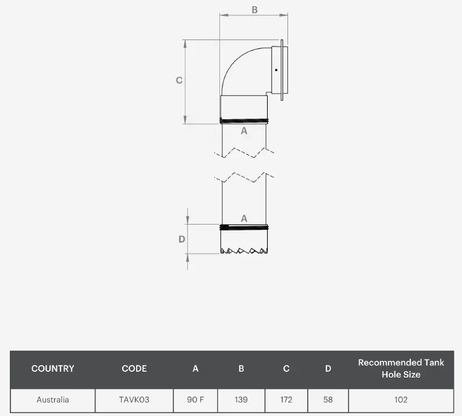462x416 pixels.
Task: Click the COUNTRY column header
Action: pyautogui.click(x=53, y=368)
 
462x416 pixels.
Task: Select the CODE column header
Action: pyautogui.click(x=134, y=368)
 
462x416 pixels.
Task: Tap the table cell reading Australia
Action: pyautogui.click(x=53, y=400)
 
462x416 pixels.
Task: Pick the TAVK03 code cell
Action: pyautogui.click(x=134, y=400)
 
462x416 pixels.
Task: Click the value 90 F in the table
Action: pyautogui.click(x=196, y=400)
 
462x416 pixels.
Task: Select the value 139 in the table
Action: pyautogui.click(x=241, y=400)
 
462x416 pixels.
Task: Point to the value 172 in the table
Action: pyautogui.click(x=286, y=400)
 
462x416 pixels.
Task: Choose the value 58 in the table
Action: pyautogui.click(x=328, y=400)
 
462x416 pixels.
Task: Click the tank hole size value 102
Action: pyautogui.click(x=401, y=400)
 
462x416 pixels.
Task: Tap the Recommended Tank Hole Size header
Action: pyautogui.click(x=401, y=368)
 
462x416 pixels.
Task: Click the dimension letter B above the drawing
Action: pyautogui.click(x=254, y=9)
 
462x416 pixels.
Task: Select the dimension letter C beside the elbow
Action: pyautogui.click(x=179, y=80)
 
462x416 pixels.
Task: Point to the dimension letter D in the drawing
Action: pyautogui.click(x=182, y=239)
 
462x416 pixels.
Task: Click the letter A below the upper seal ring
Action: pyautogui.click(x=244, y=131)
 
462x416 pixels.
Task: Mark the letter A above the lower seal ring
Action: pyautogui.click(x=244, y=218)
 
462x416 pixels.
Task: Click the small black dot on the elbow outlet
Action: pyautogui.click(x=276, y=70)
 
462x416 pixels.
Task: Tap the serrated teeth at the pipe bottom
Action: pyautogui.click(x=244, y=251)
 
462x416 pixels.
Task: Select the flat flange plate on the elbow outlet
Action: pyautogui.click(x=283, y=70)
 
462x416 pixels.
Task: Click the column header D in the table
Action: pyautogui.click(x=328, y=368)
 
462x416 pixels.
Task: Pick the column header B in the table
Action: pyautogui.click(x=241, y=368)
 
